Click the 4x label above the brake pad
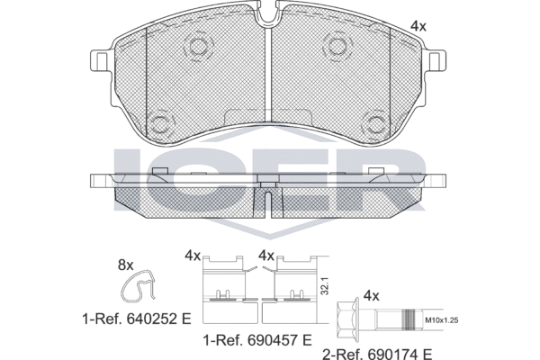[x=418, y=26]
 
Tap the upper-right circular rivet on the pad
[x=338, y=47]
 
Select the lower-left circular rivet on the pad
[x=163, y=122]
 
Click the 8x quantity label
[x=126, y=265]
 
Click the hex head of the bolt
[x=344, y=319]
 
